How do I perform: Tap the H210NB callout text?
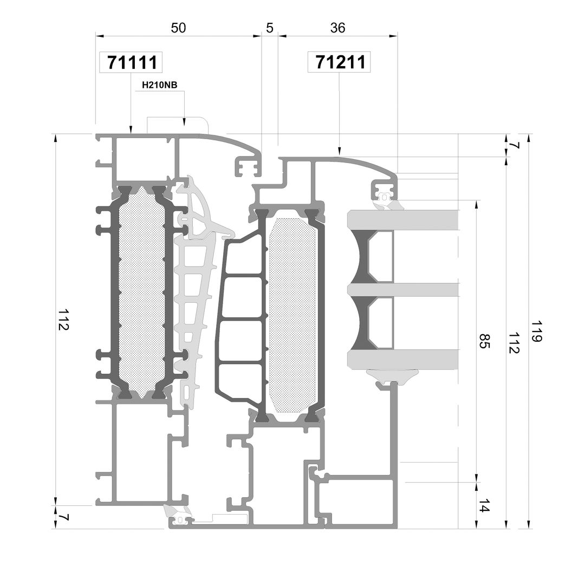(160, 85)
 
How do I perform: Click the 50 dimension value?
(178, 28)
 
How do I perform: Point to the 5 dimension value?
(270, 28)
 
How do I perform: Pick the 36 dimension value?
(337, 28)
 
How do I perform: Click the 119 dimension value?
(536, 331)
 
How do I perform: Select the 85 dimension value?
(484, 341)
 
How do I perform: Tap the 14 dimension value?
(484, 505)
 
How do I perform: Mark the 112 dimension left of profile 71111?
(63, 320)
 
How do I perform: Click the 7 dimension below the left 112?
(63, 517)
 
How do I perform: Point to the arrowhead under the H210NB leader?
(184, 122)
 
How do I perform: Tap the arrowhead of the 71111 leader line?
(131, 129)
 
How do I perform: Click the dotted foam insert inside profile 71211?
(292, 316)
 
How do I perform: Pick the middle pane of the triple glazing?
(403, 290)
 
